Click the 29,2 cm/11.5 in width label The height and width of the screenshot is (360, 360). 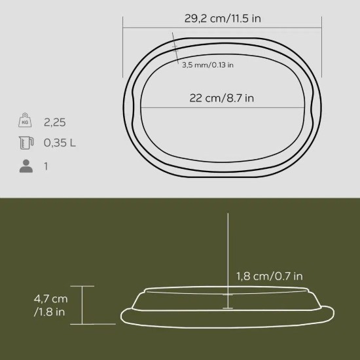223,18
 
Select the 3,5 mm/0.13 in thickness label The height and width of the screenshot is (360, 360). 207,64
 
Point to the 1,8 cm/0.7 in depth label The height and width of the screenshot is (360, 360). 268,276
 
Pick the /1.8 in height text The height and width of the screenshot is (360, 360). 50,312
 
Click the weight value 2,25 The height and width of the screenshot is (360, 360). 55,122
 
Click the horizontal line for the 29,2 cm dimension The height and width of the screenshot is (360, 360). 164,27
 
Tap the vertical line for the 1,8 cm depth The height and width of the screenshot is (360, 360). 227,249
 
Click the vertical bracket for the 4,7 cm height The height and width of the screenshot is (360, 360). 82,305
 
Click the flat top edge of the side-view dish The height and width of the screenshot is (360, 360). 196,288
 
